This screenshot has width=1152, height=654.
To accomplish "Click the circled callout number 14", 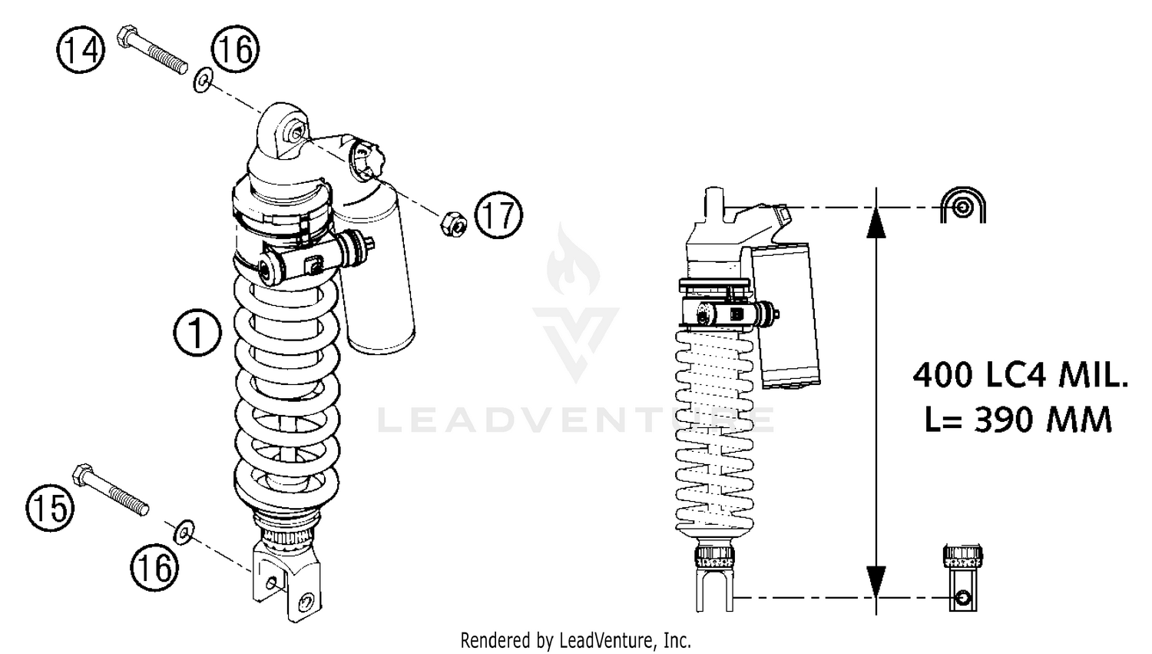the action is point(81,51).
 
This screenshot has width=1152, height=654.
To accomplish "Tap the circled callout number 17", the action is point(498,214).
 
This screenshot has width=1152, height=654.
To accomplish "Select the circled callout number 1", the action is point(197,333).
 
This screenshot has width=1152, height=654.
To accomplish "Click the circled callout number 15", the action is point(50,508).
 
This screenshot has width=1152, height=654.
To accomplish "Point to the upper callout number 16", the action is point(235,49).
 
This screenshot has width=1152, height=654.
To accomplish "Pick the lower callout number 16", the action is point(154,568).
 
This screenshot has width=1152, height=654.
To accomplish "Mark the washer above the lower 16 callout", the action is point(182,532).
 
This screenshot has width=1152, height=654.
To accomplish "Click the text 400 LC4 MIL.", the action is point(1020,376).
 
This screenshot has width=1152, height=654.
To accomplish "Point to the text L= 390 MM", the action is point(1018,420).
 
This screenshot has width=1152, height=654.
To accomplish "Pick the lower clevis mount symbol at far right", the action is point(963,578).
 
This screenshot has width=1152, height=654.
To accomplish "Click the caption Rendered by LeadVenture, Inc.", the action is point(575,639).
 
